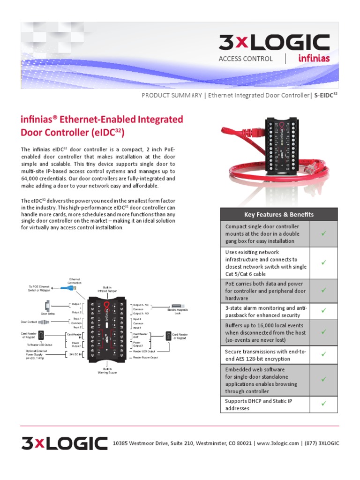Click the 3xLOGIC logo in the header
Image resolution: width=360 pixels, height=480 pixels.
[274, 43]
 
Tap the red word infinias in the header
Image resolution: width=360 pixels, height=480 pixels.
[314, 59]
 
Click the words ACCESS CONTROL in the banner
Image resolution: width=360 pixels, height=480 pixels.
[245, 59]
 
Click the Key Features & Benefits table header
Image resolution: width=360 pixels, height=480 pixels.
[279, 214]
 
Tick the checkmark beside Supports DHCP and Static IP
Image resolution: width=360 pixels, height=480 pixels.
[323, 403]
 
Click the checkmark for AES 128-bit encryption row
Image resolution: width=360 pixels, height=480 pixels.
[323, 355]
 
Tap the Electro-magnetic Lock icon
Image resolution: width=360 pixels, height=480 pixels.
[178, 306]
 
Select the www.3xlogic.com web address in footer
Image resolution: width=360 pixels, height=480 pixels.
[278, 443]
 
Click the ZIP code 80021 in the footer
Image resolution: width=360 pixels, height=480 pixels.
[243, 443]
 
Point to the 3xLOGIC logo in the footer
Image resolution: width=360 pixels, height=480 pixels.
[64, 443]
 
